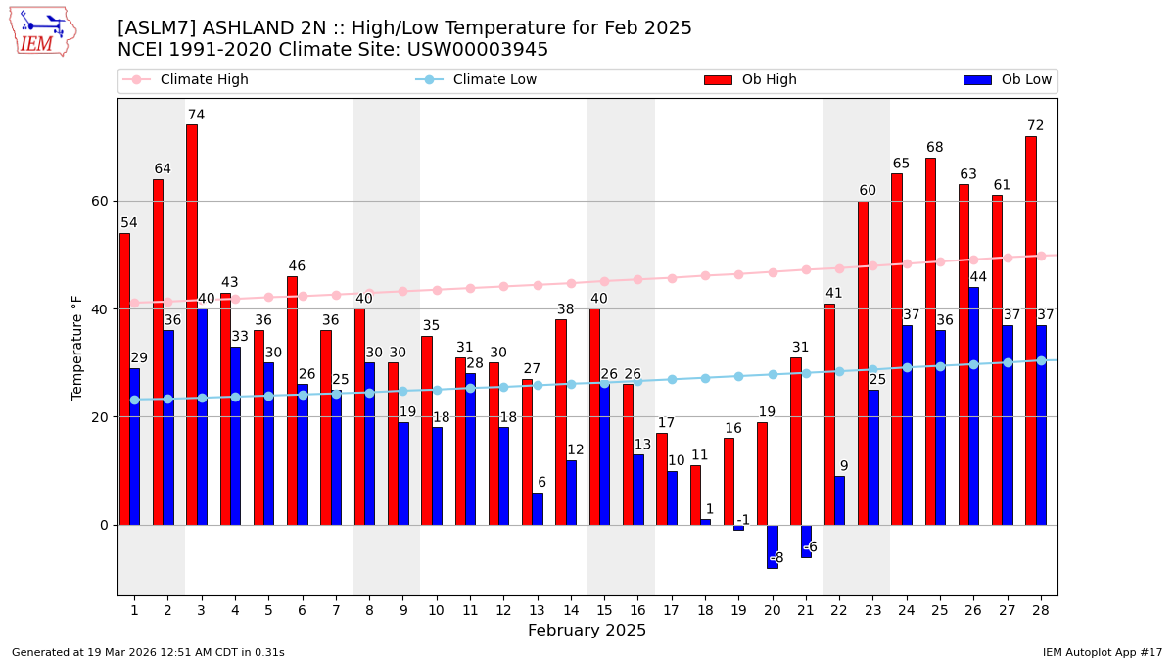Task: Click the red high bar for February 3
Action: click(192, 324)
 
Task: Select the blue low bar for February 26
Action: click(973, 405)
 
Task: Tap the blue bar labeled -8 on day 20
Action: click(772, 546)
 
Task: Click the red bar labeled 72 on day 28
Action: click(1030, 330)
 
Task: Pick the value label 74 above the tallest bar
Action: click(196, 115)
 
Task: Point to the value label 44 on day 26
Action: click(978, 277)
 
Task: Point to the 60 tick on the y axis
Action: click(100, 201)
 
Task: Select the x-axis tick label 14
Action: click(571, 610)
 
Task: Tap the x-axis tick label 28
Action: click(1040, 610)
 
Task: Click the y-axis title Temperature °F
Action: click(77, 347)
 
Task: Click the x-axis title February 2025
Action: click(587, 631)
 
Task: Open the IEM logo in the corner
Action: click(42, 31)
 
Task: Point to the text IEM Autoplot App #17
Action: click(1102, 652)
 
